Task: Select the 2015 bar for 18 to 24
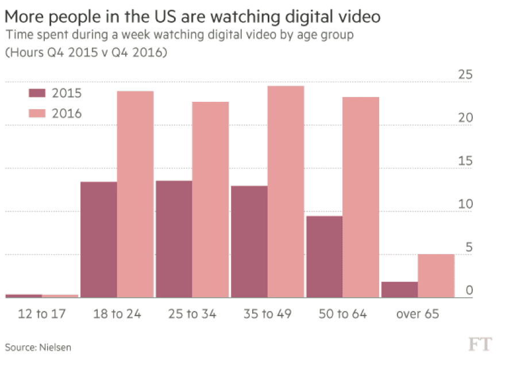pyautogui.click(x=99, y=240)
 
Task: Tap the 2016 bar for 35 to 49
pyautogui.click(x=286, y=192)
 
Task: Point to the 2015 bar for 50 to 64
pyautogui.click(x=325, y=257)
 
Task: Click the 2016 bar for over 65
pyautogui.click(x=436, y=276)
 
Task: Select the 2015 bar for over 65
pyautogui.click(x=399, y=290)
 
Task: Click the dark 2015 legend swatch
pyautogui.click(x=37, y=94)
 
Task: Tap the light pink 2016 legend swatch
pyautogui.click(x=37, y=113)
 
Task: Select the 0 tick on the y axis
pyautogui.click(x=469, y=290)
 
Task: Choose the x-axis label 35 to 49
pyautogui.click(x=267, y=314)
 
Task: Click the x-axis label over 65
pyautogui.click(x=418, y=314)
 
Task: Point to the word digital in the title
pyautogui.click(x=299, y=16)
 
